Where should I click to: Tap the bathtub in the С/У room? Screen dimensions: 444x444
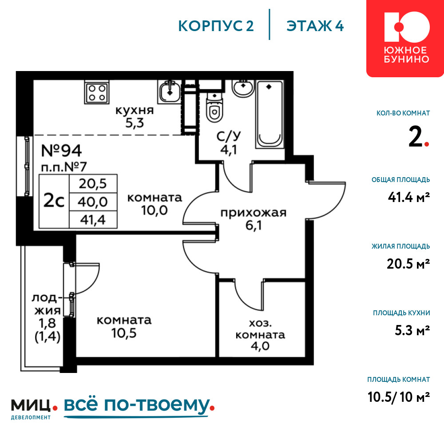tap(270, 114)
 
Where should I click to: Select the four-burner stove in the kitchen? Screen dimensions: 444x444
tap(97, 92)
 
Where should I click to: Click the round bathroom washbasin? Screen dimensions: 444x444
tap(243, 88)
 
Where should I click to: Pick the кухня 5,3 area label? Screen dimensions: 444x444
tap(135, 116)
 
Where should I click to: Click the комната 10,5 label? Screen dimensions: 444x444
tap(124, 327)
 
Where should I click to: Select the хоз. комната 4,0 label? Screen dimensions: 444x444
tap(260, 335)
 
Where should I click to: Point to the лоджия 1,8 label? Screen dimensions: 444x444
tap(48, 318)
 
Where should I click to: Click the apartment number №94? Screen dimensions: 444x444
tap(61, 151)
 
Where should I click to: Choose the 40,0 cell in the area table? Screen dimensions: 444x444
tap(93, 202)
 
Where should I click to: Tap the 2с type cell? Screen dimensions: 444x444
tap(54, 201)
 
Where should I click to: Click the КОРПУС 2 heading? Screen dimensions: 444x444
tap(216, 26)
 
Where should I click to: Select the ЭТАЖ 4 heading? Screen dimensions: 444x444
tap(315, 26)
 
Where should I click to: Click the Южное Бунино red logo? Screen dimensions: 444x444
tap(405, 38)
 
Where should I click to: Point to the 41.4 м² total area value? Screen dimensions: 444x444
tap(409, 197)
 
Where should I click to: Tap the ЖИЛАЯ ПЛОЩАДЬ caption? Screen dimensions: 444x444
tap(400, 246)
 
